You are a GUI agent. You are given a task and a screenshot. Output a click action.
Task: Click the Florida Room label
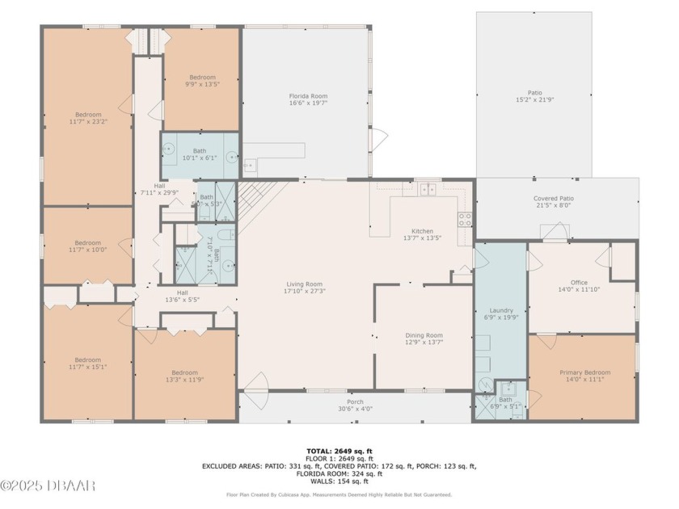click(x=308, y=96)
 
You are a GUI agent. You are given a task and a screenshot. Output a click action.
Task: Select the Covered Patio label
click(x=554, y=198)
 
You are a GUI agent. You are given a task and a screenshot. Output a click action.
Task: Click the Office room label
click(x=578, y=283)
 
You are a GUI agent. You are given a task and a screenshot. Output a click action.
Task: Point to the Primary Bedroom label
click(x=585, y=372)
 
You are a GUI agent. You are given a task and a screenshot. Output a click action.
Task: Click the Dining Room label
click(x=424, y=335)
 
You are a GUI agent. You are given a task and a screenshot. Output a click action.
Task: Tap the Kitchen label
click(x=422, y=229)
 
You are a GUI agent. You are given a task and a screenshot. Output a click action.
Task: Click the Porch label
click(x=355, y=402)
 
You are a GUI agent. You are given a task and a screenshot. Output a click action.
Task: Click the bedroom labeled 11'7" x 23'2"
click(x=88, y=114)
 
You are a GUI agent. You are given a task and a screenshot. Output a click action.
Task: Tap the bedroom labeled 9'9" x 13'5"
click(x=202, y=78)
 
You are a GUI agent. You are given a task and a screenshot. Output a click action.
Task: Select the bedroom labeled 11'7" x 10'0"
click(x=88, y=242)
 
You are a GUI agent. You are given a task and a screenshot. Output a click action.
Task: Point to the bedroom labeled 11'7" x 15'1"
click(x=88, y=360)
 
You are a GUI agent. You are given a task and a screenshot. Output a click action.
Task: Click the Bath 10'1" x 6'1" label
click(x=199, y=151)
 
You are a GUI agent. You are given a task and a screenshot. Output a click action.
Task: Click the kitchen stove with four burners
click(x=465, y=218)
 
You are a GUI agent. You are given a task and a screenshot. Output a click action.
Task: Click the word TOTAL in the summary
click(x=318, y=450)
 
